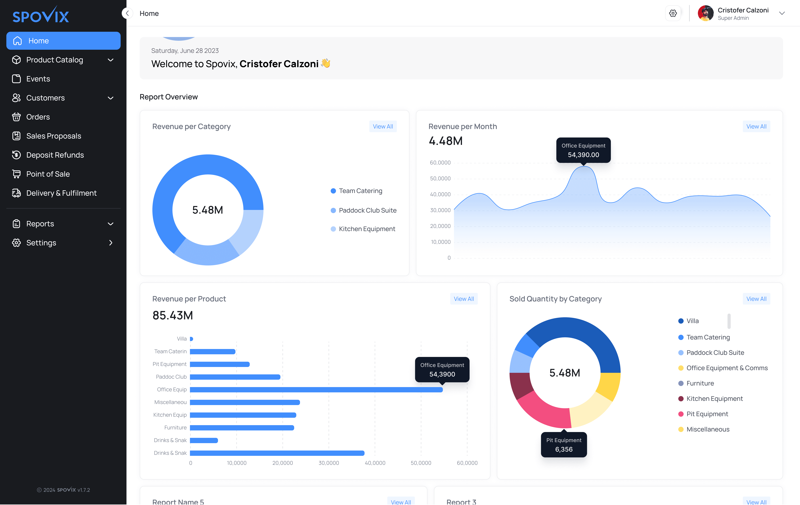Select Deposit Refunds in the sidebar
[x=55, y=155]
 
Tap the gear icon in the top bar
[x=673, y=13]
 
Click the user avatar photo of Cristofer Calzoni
[x=705, y=13]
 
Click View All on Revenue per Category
[x=383, y=127]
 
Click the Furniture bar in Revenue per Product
[x=242, y=428]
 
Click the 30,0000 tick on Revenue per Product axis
[x=329, y=463]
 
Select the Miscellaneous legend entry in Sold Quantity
[x=708, y=429]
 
